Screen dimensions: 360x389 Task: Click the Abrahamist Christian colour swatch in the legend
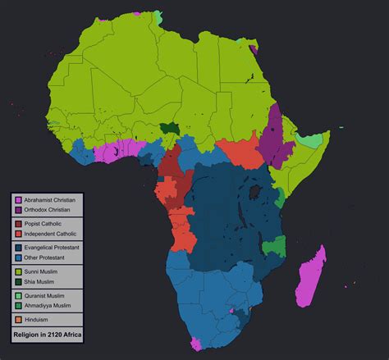(x=16, y=199)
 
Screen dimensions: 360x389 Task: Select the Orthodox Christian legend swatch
(x=16, y=210)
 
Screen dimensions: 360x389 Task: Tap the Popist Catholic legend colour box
(x=16, y=223)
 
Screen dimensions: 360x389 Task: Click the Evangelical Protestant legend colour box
(x=16, y=247)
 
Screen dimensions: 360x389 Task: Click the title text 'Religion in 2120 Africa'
(x=47, y=335)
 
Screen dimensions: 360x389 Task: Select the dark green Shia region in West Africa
(x=171, y=128)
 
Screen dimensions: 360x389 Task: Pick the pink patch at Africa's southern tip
(x=196, y=343)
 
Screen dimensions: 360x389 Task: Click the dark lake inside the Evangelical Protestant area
(x=256, y=191)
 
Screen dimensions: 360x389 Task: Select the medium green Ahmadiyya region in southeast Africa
(x=277, y=245)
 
